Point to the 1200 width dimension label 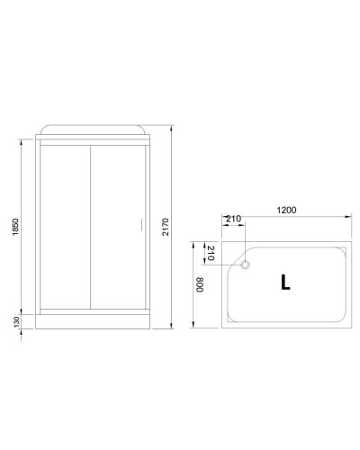tap(286, 211)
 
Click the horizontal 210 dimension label tap(233, 218)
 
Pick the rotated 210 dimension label tap(210, 253)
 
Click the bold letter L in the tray tap(284, 282)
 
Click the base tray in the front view tap(90, 321)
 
